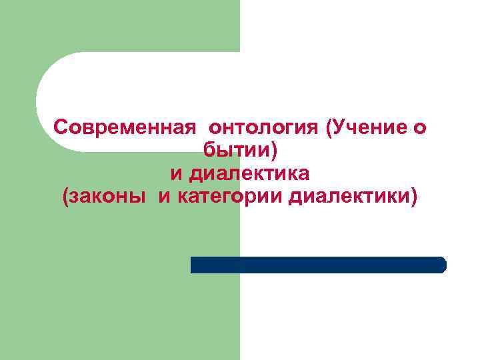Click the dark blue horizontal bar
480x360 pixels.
[x=318, y=265]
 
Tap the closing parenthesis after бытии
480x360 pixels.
[x=272, y=151]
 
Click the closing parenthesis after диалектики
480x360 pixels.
[x=415, y=197]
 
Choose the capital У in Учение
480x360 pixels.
[x=339, y=127]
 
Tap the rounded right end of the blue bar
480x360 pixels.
[x=441, y=265]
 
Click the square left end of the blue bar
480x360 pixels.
[x=194, y=265]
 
